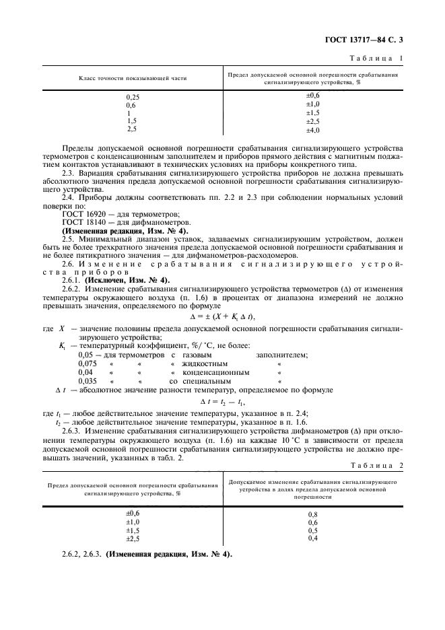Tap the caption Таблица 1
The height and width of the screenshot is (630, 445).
click(x=379, y=59)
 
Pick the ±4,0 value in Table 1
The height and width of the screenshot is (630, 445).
click(x=312, y=129)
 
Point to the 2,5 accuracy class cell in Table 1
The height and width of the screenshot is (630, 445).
click(x=131, y=129)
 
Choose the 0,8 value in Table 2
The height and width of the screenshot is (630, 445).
click(x=312, y=514)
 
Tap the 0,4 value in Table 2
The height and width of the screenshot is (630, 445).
click(x=312, y=538)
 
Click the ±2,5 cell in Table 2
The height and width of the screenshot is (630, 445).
click(x=133, y=538)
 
